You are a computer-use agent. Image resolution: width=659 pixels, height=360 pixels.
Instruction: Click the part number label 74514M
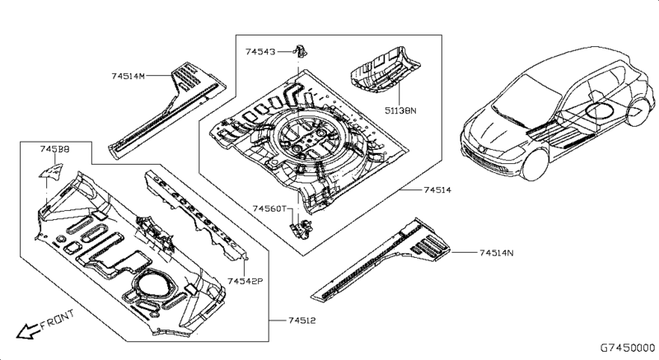[128, 75]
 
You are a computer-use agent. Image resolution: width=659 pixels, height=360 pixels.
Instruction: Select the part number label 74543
[261, 51]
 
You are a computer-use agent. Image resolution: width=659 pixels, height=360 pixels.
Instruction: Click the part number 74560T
[269, 208]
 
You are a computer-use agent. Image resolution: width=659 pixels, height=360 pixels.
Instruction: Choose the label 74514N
[496, 251]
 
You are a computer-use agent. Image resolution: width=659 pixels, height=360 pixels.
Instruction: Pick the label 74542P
[245, 281]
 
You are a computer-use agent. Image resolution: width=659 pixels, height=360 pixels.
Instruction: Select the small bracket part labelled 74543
[301, 52]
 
